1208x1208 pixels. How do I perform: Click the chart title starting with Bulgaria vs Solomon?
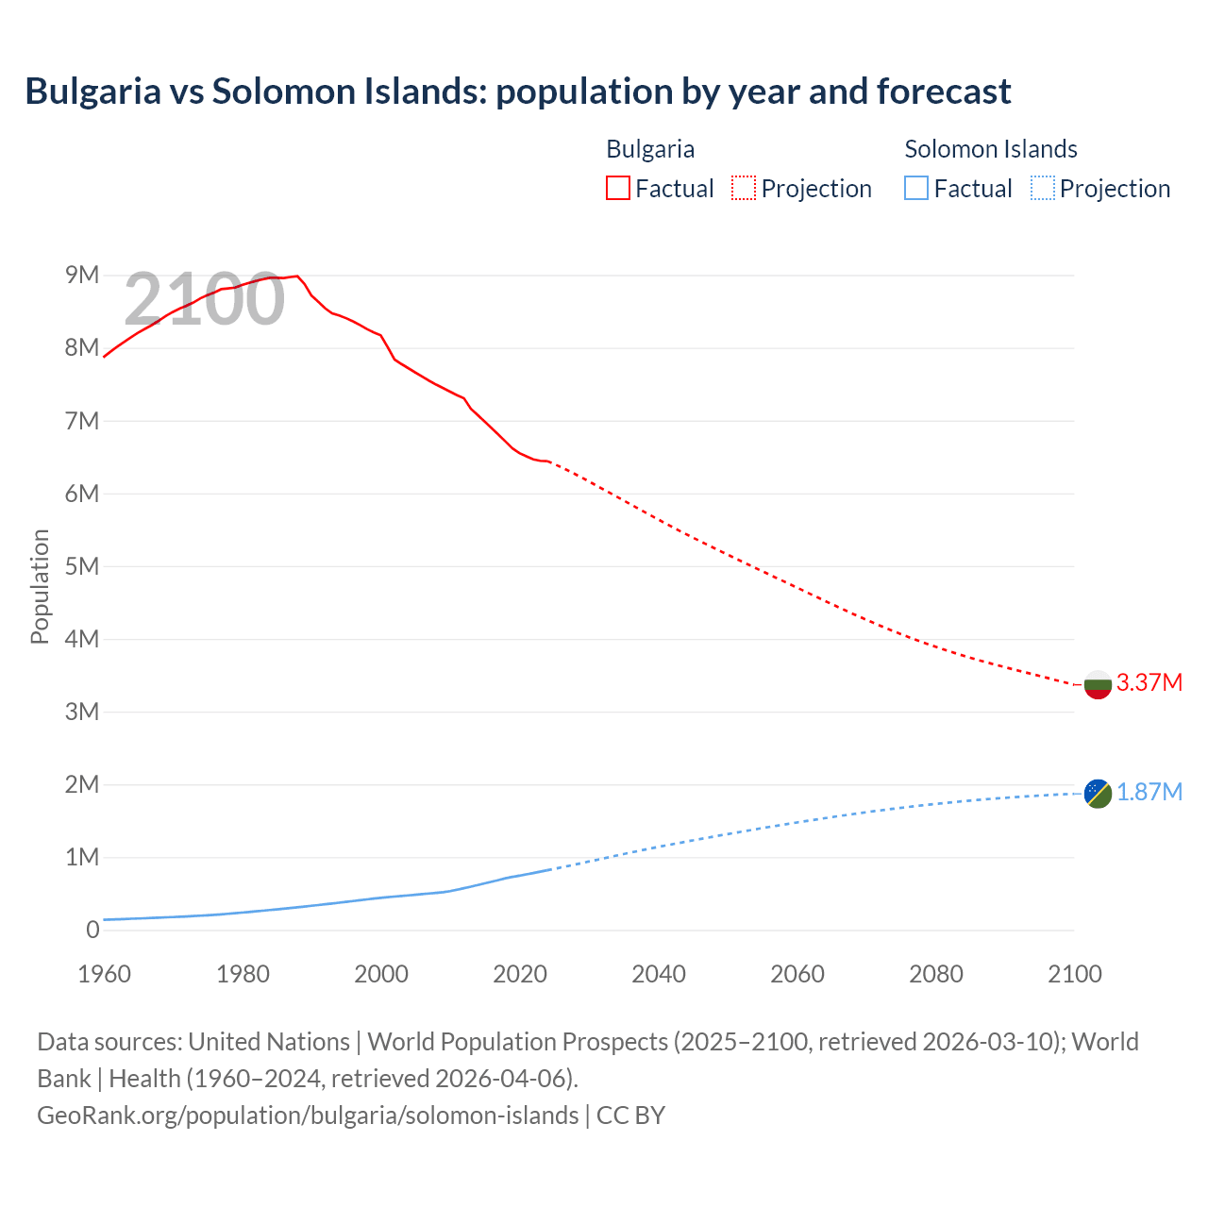517,92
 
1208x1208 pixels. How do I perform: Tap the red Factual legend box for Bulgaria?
617,188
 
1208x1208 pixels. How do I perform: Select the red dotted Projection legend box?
744,188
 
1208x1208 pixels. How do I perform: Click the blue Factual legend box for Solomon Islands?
915,188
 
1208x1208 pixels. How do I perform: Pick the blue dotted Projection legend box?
1042,188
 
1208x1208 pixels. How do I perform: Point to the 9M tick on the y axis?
82,275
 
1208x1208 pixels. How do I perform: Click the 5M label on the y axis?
82,566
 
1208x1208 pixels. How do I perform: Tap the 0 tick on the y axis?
92,930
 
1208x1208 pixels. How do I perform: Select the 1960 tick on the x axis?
104,974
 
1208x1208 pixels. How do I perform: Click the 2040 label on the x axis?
659,974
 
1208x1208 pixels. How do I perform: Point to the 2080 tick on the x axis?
936,974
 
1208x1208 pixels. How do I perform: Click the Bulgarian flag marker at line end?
1098,684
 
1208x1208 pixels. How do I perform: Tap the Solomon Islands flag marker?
1098,794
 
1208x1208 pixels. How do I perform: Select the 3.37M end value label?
1149,682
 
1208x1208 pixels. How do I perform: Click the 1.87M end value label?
1149,792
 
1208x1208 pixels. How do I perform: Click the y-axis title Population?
40,586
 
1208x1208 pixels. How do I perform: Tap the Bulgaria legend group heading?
650,149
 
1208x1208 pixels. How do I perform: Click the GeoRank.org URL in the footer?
308,1115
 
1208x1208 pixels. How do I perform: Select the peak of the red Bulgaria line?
297,276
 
